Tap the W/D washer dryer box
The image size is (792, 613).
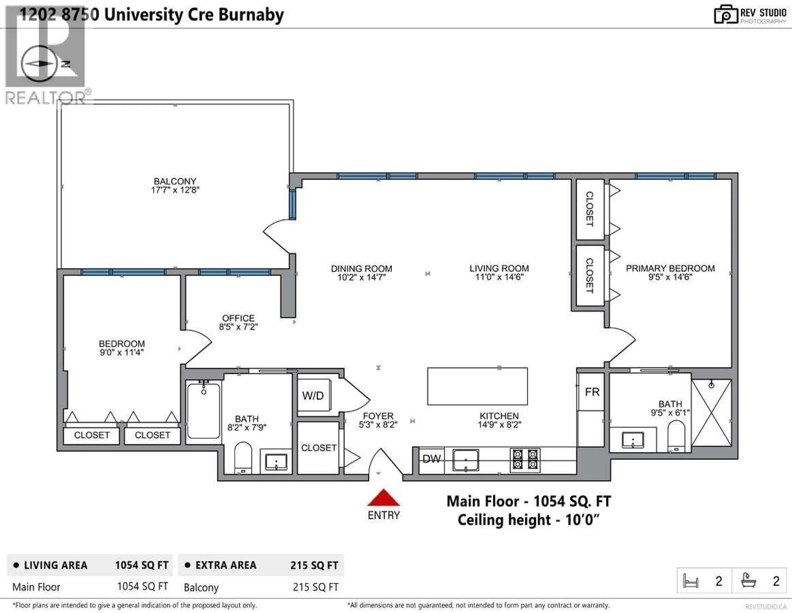(313, 395)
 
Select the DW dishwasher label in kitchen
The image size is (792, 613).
(431, 459)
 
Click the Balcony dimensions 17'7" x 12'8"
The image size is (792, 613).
(175, 190)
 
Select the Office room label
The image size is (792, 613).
(238, 318)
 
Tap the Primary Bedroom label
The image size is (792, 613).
(670, 268)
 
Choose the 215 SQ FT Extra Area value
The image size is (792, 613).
(314, 565)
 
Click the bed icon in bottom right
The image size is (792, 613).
(691, 580)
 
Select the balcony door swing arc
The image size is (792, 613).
(276, 236)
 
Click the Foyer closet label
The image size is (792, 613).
(319, 448)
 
